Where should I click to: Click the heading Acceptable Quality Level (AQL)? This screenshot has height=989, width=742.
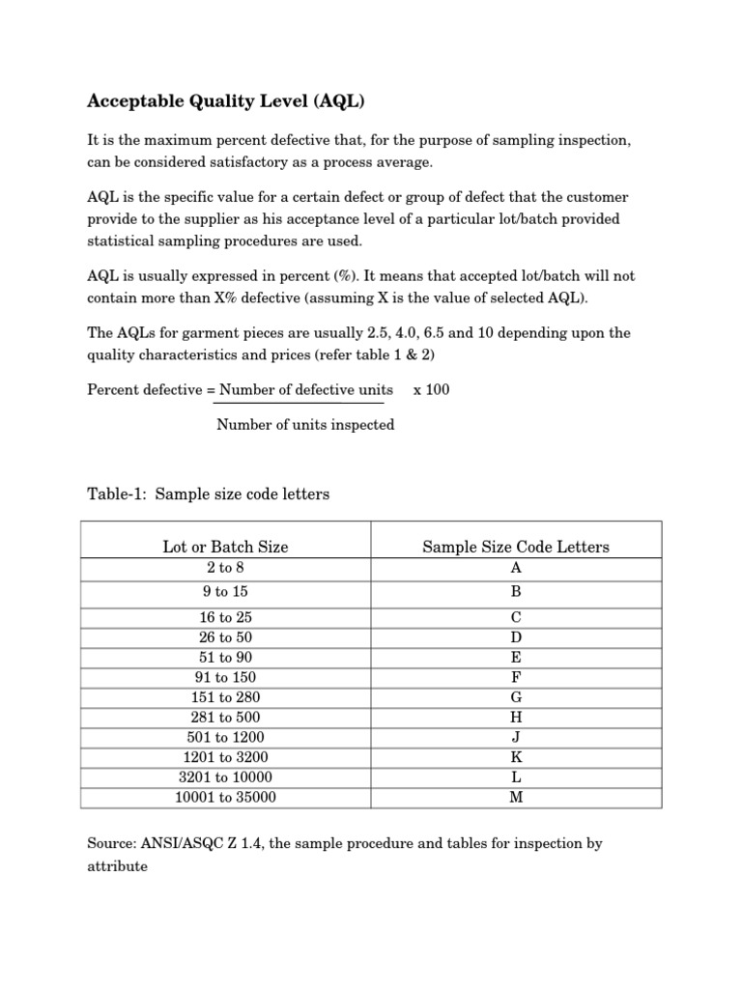pyautogui.click(x=227, y=100)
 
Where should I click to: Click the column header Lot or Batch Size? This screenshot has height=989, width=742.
pyautogui.click(x=225, y=547)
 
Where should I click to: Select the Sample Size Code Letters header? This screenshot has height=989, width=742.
pyautogui.click(x=516, y=547)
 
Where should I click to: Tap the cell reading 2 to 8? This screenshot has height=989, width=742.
pyautogui.click(x=225, y=568)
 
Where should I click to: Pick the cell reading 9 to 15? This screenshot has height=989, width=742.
pyautogui.click(x=225, y=592)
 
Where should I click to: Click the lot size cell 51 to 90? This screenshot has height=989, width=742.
pyautogui.click(x=225, y=658)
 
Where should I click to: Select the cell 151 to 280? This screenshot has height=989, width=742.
pyautogui.click(x=225, y=697)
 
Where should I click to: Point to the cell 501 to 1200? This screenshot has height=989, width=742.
pyautogui.click(x=225, y=738)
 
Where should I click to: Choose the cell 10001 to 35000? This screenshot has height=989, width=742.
pyautogui.click(x=225, y=798)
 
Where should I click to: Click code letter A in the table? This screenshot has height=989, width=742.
pyautogui.click(x=516, y=568)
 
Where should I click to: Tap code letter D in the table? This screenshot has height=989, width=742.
pyautogui.click(x=516, y=637)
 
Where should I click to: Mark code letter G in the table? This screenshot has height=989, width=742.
pyautogui.click(x=516, y=697)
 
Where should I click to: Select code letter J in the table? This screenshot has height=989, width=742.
pyautogui.click(x=516, y=738)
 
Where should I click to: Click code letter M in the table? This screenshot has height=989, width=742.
pyautogui.click(x=516, y=798)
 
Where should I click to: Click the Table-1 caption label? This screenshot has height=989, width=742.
pyautogui.click(x=118, y=494)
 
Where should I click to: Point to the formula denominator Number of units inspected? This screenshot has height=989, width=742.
pyautogui.click(x=305, y=425)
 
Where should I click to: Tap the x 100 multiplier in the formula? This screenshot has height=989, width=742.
pyautogui.click(x=431, y=390)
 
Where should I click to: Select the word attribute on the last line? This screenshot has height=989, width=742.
pyautogui.click(x=118, y=866)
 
